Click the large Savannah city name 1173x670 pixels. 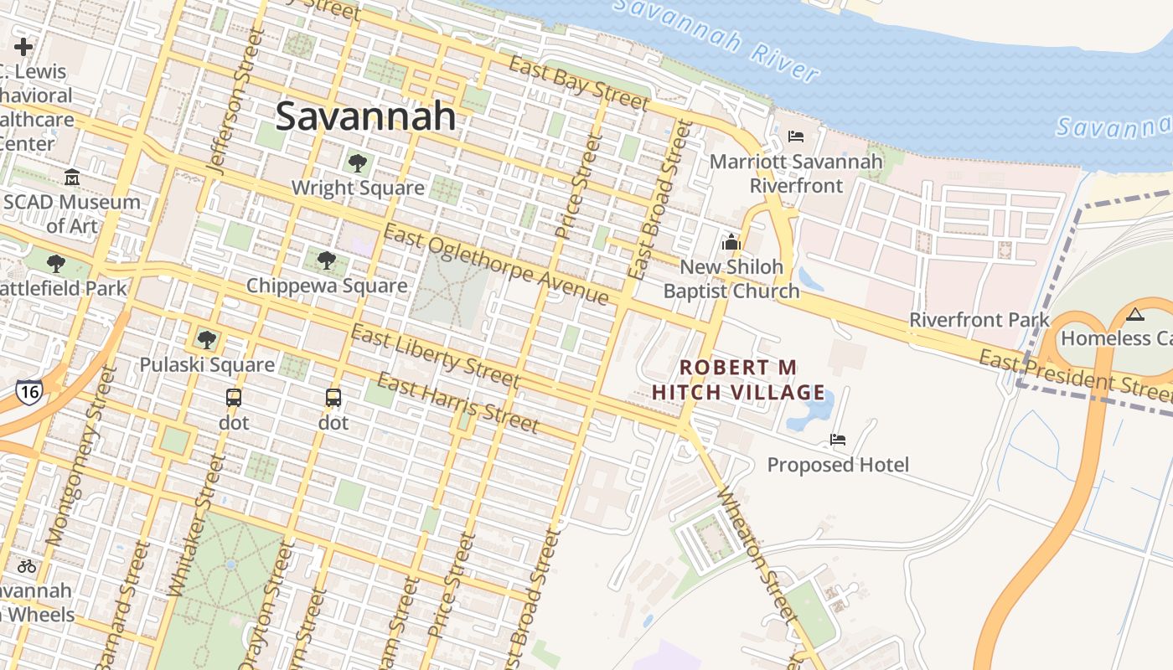(365, 116)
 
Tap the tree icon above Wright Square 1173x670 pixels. (358, 162)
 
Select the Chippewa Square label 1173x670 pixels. (327, 286)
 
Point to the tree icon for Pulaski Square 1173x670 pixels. (206, 339)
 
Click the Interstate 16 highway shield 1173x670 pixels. (28, 392)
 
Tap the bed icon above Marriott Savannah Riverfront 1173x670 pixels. (796, 136)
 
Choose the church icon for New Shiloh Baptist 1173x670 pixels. (731, 242)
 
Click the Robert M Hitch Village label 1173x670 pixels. (738, 379)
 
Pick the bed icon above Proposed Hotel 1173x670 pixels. (837, 439)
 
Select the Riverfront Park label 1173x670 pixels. (979, 320)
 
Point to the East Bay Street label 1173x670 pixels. (579, 84)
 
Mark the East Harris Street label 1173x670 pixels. (457, 404)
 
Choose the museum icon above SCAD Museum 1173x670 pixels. (72, 178)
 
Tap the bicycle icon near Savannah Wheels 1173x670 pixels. (27, 566)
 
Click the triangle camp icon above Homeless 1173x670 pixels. (1135, 314)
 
